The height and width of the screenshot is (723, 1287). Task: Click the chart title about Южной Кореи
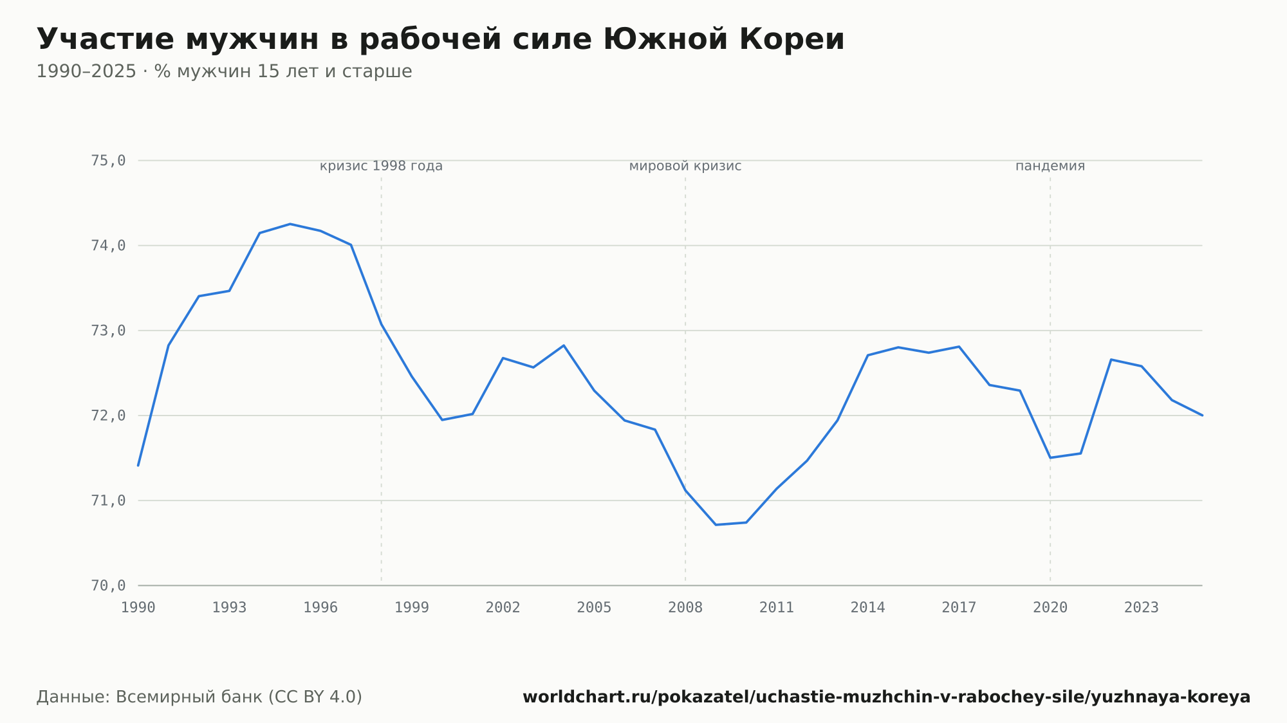[440, 39]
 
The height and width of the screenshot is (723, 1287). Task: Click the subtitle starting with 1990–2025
[224, 71]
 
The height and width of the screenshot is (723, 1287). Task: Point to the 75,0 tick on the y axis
[108, 160]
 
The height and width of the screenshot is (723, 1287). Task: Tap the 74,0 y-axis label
[108, 246]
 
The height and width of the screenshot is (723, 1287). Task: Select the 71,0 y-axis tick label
[108, 500]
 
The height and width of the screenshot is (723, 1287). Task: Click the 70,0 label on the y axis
[108, 585]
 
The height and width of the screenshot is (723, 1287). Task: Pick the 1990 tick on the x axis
[138, 608]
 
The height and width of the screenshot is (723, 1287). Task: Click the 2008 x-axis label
[685, 608]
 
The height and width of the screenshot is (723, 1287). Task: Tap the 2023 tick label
[1142, 608]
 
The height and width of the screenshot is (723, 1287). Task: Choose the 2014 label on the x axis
[868, 608]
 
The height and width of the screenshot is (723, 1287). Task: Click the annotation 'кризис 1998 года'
[381, 166]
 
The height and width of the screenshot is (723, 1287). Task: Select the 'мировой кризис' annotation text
[685, 166]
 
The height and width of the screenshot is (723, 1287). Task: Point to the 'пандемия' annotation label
[1050, 166]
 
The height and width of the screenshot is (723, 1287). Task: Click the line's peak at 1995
[290, 224]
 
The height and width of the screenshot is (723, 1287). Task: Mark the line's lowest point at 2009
[716, 525]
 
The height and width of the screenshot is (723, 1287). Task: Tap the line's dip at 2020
[1050, 457]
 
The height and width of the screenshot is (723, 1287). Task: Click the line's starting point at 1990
[138, 465]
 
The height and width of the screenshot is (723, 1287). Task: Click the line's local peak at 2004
[564, 345]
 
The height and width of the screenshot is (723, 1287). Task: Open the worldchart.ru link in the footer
[887, 697]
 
